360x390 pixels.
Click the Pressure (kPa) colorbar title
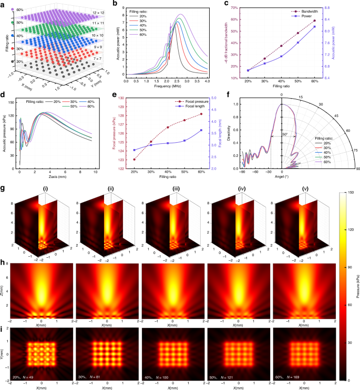click(357, 283)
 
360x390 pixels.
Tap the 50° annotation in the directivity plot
click(284, 134)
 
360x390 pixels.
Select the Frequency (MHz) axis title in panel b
click(166, 86)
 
